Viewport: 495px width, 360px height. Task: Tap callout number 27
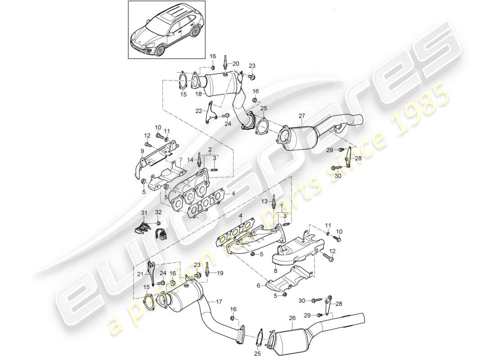tap(301, 116)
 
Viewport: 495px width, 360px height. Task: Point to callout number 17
tap(219, 301)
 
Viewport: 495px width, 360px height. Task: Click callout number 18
tap(198, 94)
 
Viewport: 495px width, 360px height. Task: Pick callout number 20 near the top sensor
tap(236, 63)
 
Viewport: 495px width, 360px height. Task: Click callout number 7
tap(181, 160)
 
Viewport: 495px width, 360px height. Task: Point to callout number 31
tap(144, 213)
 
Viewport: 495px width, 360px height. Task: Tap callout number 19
tap(220, 273)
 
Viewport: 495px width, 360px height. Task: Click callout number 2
tap(209, 149)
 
